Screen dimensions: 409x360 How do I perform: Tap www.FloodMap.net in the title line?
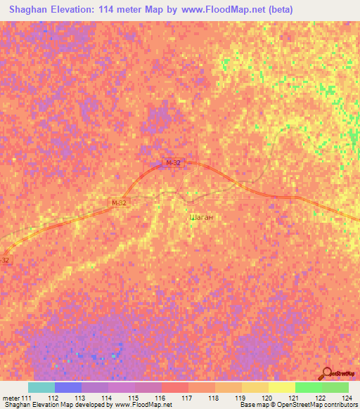214,10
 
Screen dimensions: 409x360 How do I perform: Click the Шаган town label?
202,218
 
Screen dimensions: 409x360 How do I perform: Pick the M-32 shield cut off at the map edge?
5,260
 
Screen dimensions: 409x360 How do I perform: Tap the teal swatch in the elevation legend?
41,387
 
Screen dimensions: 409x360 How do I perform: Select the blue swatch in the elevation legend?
67,387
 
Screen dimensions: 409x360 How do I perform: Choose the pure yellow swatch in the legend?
281,387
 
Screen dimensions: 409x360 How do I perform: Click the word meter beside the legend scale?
11,398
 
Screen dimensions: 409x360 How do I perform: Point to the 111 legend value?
27,398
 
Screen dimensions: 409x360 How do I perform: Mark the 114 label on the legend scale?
108,398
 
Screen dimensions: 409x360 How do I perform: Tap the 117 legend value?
188,398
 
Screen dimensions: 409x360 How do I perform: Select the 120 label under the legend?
268,398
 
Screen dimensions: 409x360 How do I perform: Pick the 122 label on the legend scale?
321,398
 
